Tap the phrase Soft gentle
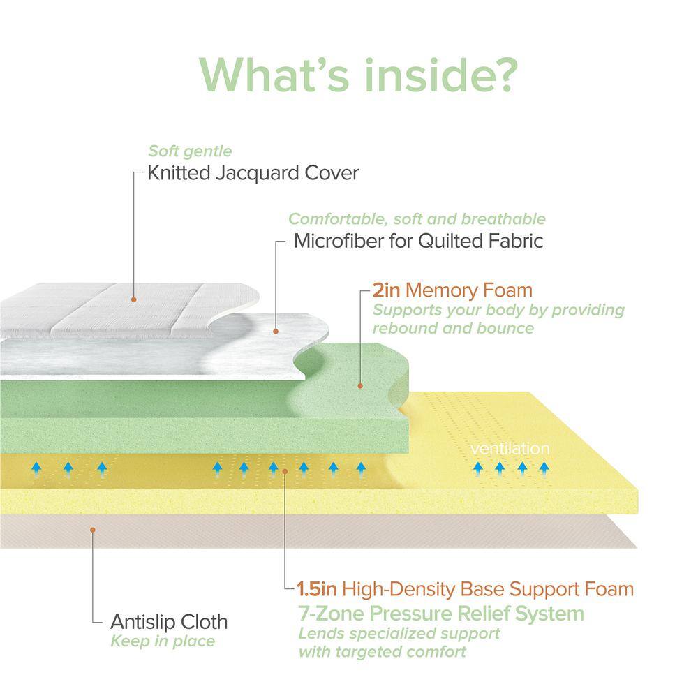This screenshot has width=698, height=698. coord(190,151)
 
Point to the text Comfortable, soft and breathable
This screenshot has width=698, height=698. coord(417,219)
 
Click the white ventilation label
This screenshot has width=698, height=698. coord(510,448)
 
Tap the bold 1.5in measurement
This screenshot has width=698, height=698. coord(318,589)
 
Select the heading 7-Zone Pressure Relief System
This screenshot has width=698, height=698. coord(440,614)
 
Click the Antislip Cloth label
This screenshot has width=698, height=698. coord(169,621)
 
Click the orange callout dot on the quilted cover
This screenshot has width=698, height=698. coord(133,299)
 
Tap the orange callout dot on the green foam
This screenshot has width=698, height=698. coord(360,385)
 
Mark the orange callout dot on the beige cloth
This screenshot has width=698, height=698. coord(93,530)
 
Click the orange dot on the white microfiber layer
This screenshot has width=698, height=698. coord(276,331)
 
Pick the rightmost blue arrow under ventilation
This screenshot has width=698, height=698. coord(544,466)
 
